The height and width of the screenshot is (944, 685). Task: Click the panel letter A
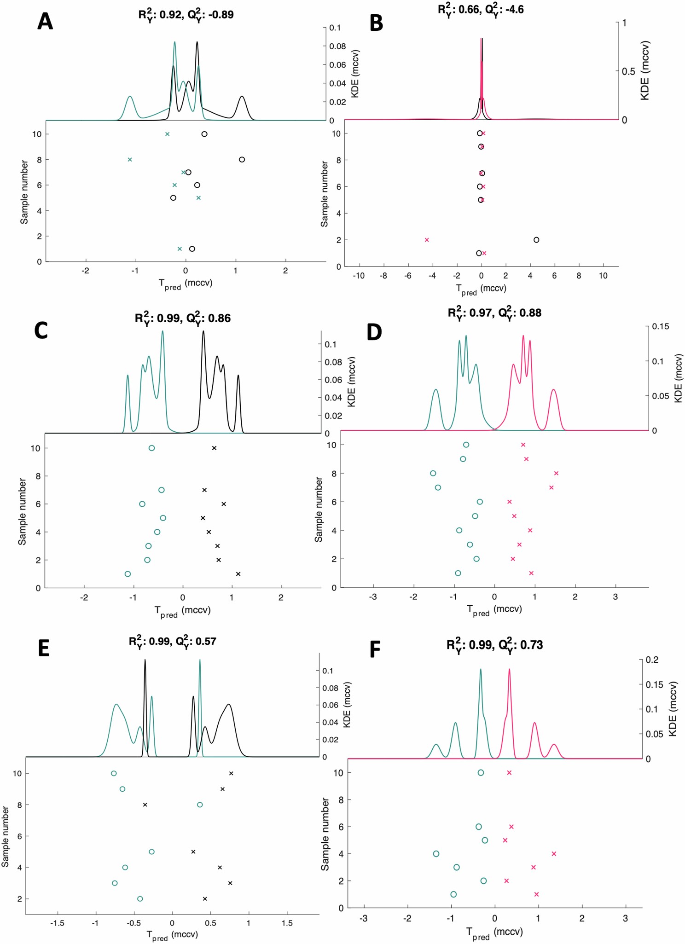45,22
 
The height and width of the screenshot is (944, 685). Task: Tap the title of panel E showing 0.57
172,641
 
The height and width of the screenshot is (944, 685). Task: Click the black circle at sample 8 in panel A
242,160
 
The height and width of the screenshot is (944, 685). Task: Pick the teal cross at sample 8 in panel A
130,160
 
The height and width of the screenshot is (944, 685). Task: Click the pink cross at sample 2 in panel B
427,240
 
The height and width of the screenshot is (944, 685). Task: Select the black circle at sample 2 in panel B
536,240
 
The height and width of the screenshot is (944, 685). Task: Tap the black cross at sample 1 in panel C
238,574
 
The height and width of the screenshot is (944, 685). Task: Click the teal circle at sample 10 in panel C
152,448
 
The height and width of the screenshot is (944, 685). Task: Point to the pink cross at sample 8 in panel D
556,473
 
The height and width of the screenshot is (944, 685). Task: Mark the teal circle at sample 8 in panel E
200,805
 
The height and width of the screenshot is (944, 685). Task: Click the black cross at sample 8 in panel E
145,805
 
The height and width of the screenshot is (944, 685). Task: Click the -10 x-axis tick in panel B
359,276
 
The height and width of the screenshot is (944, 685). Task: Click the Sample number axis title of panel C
22,511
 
